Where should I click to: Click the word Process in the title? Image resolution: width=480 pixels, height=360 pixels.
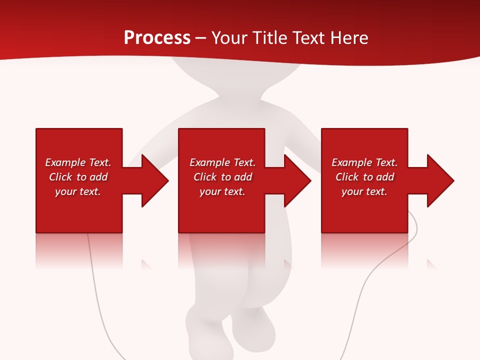click(x=157, y=38)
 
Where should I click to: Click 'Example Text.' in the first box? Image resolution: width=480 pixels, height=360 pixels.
click(x=78, y=162)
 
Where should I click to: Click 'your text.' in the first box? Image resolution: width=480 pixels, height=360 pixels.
click(x=78, y=191)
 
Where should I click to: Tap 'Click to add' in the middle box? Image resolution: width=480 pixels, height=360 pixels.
click(x=222, y=177)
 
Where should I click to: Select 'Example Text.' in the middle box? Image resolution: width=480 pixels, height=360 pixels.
click(x=222, y=162)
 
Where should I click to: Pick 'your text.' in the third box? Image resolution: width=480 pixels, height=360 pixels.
click(x=364, y=191)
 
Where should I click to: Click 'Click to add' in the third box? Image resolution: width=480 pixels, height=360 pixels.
click(x=364, y=177)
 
